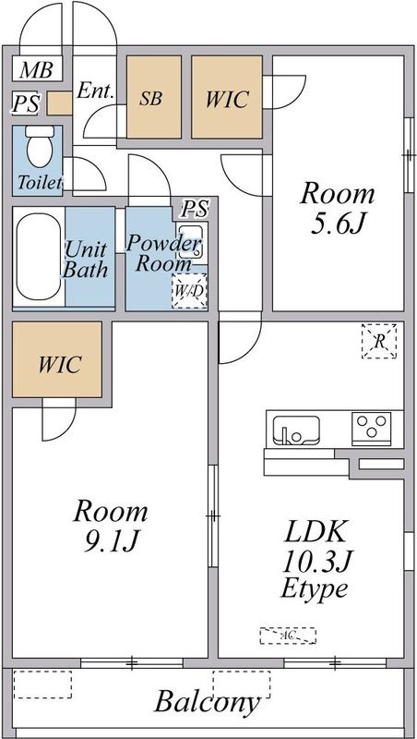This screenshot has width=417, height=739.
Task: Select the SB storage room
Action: click(x=154, y=97)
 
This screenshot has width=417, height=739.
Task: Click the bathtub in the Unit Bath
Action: click(x=39, y=257)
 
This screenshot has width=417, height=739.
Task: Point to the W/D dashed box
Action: click(x=189, y=291)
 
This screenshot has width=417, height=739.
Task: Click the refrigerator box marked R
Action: click(x=379, y=341)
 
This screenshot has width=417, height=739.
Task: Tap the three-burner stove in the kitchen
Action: click(x=372, y=429)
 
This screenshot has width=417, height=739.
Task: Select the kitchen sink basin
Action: click(x=296, y=430)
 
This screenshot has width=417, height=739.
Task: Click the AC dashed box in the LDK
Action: click(x=288, y=636)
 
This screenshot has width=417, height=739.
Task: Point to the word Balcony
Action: click(x=207, y=702)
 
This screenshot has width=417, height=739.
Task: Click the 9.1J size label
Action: click(x=111, y=541)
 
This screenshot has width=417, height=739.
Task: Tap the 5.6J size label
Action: click(x=338, y=224)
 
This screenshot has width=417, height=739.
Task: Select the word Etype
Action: click(x=315, y=588)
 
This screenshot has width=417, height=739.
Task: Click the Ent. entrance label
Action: click(x=96, y=90)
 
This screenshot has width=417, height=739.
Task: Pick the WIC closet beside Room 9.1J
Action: click(x=57, y=359)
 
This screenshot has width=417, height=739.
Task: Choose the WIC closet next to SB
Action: click(x=227, y=97)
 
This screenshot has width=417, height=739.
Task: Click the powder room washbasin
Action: click(x=190, y=241)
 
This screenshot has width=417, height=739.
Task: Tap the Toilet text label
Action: click(x=40, y=182)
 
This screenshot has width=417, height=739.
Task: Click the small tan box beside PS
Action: click(x=59, y=103)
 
